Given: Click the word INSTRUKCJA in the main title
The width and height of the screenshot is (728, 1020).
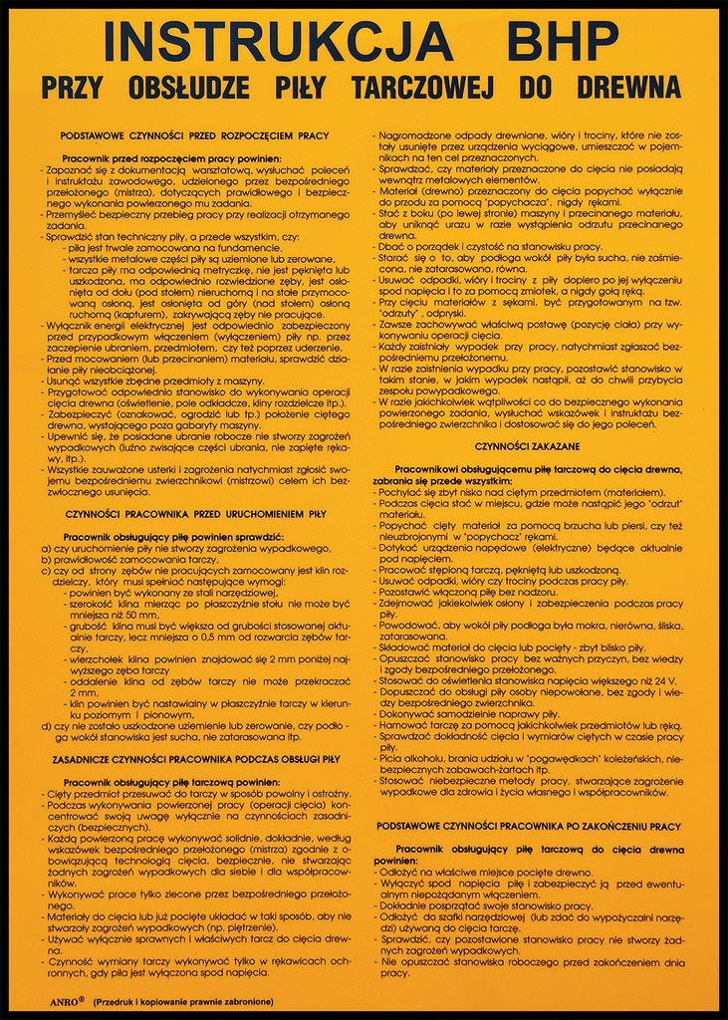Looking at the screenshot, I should [x=278, y=42].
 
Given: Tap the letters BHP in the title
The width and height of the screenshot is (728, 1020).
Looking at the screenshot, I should [x=563, y=42].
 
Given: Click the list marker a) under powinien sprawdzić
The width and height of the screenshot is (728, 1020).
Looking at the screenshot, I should [x=45, y=549].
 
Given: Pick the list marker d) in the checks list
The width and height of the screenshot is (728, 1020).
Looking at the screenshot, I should [x=45, y=725].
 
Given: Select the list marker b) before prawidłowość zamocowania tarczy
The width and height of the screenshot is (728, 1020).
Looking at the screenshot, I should [x=45, y=560].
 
